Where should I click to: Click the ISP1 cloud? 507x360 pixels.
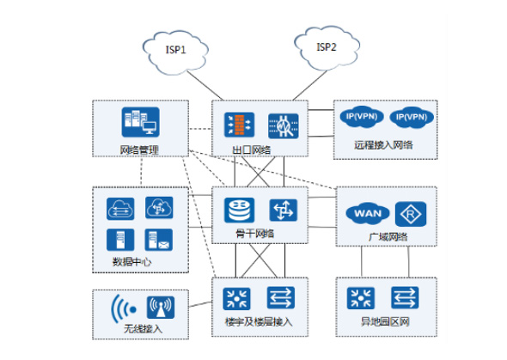click(175, 52)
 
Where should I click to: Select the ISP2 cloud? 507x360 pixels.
click(327, 48)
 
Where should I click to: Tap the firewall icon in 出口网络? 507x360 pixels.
click(239, 125)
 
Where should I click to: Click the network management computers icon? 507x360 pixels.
click(141, 122)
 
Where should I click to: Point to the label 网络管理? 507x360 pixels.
click(139, 149)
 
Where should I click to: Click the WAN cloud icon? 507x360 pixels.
click(368, 214)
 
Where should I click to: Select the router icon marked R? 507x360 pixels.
click(411, 214)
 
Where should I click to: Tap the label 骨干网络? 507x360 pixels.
click(255, 233)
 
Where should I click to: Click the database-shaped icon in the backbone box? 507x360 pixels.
click(239, 211)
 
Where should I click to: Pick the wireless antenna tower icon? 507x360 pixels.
click(161, 308)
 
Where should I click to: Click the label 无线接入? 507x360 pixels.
click(143, 329)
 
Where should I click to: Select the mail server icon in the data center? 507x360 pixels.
click(159, 240)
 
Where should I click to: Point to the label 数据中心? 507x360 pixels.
click(131, 261)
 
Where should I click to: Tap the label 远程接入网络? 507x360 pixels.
click(383, 145)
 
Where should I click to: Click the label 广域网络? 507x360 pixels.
click(388, 237)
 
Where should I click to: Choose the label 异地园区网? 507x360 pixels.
click(385, 321)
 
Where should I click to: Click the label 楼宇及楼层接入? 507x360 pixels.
click(259, 322)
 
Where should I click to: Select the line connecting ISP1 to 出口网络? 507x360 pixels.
click(205, 86)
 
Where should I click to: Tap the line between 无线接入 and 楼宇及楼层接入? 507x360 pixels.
click(200, 304)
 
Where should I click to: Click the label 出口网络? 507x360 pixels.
click(252, 149)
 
